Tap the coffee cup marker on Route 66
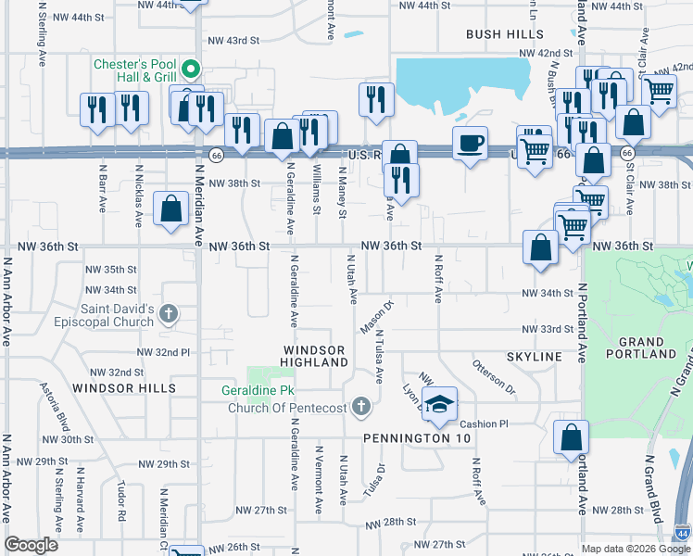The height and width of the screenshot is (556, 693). point(471,145)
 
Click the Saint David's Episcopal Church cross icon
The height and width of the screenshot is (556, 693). point(169,312)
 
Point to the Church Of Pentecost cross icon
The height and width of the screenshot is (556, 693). point(360,407)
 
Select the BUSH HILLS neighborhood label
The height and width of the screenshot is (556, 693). point(505,34)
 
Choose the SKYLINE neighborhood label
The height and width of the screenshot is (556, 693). point(535,357)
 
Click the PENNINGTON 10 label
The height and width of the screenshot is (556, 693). point(406,437)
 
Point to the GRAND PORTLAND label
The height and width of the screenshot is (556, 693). point(640,347)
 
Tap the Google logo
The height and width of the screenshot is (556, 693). point(31,544)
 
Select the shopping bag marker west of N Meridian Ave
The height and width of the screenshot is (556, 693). point(171,209)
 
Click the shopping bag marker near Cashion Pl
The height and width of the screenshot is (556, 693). point(572,439)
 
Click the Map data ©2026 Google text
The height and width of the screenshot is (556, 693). point(636,549)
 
